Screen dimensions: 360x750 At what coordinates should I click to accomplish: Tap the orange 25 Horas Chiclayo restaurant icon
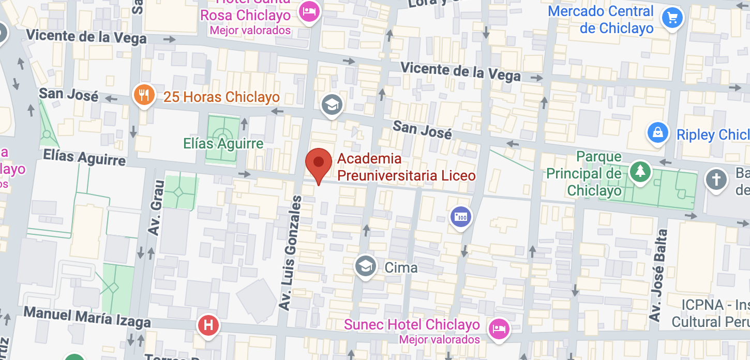click(144, 96)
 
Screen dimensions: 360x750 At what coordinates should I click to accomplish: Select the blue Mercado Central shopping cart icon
click(672, 19)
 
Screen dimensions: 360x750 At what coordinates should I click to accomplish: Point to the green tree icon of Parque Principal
click(640, 171)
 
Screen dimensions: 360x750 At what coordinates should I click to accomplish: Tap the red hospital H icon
click(209, 325)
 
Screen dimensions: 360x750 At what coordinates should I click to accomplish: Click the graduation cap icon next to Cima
click(366, 266)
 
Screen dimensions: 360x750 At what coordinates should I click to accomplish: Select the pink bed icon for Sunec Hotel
click(499, 328)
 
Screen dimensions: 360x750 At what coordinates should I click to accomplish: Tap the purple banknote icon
click(460, 216)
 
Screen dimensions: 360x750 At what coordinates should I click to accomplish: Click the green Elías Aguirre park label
click(223, 143)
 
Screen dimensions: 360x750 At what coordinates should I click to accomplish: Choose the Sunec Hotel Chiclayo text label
click(412, 325)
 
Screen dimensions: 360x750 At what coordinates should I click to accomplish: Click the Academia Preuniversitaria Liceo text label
click(406, 167)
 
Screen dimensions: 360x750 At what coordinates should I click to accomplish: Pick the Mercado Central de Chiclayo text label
click(601, 20)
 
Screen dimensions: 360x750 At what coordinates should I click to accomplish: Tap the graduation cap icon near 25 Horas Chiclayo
click(332, 105)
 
